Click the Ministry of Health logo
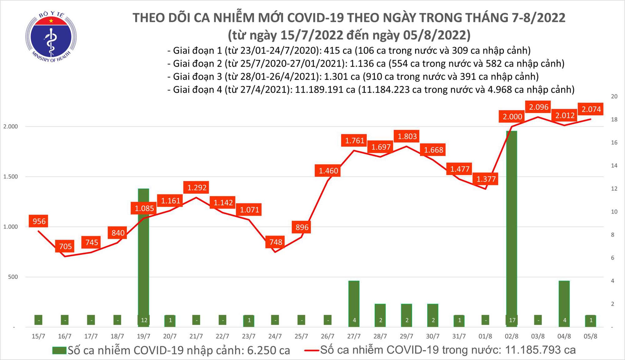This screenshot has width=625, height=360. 51,37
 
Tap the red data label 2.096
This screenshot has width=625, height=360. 539,107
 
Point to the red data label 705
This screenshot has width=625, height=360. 65,246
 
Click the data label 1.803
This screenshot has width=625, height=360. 407,136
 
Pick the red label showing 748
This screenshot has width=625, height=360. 276,242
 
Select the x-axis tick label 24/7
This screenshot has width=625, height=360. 275,336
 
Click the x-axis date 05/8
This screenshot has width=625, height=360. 590,336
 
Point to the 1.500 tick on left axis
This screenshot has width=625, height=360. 11,177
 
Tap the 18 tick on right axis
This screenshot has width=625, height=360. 614,119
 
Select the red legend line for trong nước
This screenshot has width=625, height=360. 312,350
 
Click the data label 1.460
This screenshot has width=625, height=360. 328,171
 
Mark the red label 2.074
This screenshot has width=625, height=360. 591,109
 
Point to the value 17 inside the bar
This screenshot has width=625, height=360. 512,320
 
